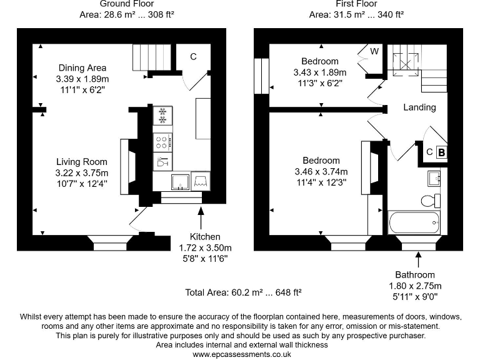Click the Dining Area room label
[x=82, y=67]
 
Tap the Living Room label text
[x=82, y=162]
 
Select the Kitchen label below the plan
[x=205, y=237]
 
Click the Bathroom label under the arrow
[x=414, y=274]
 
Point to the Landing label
[x=419, y=107]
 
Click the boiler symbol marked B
[x=441, y=152]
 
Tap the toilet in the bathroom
[x=431, y=201]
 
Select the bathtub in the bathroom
[x=414, y=221]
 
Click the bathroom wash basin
[x=435, y=178]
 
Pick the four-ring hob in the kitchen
[x=162, y=141]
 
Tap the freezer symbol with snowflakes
[x=162, y=115]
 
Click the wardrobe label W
[x=374, y=51]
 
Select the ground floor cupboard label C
[x=194, y=57]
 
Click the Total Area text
[x=243, y=292]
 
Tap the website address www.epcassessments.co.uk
[x=241, y=354]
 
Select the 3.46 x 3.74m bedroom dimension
[x=321, y=171]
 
